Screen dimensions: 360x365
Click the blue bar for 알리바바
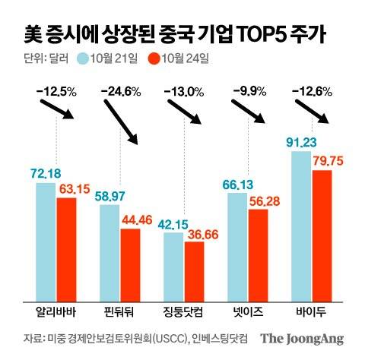pyautogui.click(x=46, y=242)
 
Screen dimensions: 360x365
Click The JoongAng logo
pyautogui.click(x=303, y=339)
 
